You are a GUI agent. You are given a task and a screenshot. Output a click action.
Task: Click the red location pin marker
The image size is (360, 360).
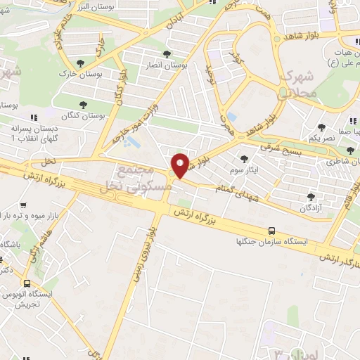181,165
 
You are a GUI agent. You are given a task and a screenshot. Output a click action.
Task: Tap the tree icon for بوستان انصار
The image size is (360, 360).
167,54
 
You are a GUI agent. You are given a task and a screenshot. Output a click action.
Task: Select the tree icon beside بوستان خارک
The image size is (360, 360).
87,63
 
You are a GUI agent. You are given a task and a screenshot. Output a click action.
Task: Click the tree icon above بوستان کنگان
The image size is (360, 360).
83,104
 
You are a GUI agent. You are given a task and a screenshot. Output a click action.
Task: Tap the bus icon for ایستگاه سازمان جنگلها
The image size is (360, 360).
272,230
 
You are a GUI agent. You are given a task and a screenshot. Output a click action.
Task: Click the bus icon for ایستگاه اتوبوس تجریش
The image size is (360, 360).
27,285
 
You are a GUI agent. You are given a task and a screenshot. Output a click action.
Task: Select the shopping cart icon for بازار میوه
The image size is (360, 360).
23,205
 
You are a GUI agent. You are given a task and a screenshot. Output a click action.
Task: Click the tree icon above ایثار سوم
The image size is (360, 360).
244,159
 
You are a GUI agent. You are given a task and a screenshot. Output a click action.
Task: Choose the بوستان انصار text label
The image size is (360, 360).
167,65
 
